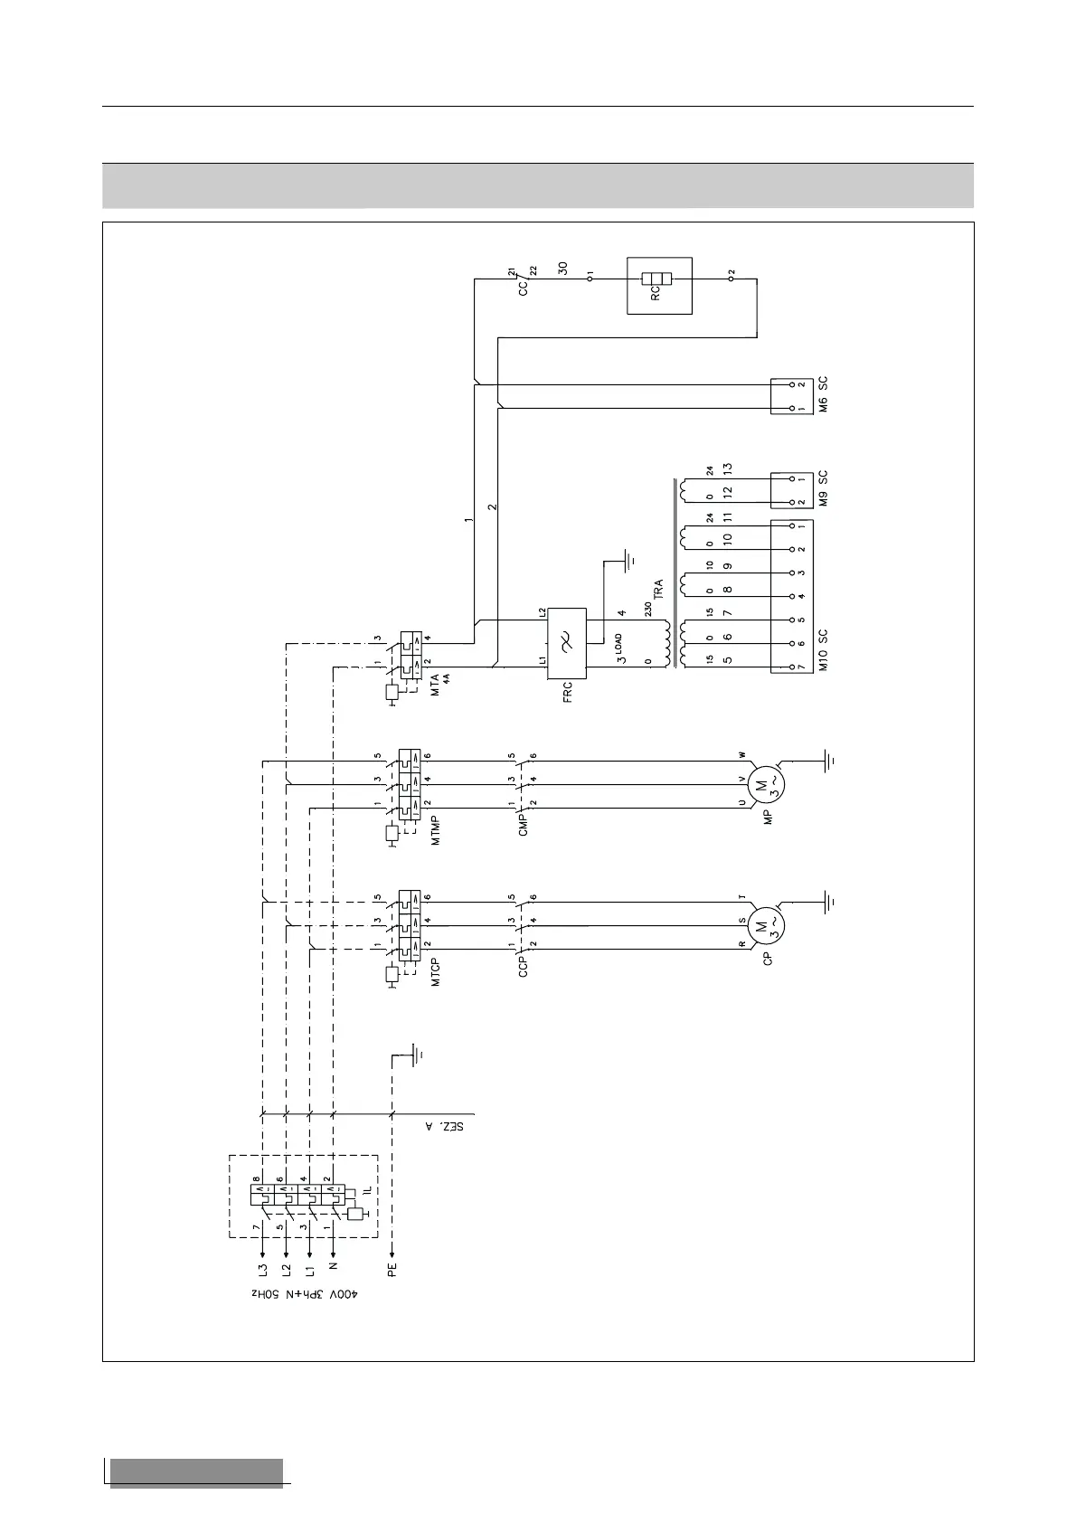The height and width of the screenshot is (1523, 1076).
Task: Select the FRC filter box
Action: (567, 643)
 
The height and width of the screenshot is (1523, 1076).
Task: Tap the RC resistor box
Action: (659, 286)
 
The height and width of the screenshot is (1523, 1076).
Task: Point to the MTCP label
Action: (436, 968)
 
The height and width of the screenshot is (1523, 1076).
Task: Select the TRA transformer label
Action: (658, 590)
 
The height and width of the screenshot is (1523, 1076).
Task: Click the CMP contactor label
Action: (524, 824)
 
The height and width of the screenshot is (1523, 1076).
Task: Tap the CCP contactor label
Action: (524, 966)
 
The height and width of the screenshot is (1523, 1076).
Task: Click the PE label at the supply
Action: (392, 1270)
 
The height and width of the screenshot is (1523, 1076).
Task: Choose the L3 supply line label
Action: (262, 1270)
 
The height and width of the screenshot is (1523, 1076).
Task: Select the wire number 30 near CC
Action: (563, 269)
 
